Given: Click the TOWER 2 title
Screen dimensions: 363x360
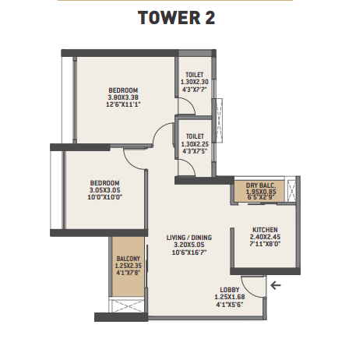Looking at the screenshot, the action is click(x=176, y=18).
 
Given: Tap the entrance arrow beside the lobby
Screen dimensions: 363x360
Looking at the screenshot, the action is click(x=276, y=285).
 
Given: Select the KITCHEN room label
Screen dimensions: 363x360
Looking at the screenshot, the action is click(x=265, y=230).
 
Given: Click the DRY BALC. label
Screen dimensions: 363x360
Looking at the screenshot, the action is click(x=261, y=185).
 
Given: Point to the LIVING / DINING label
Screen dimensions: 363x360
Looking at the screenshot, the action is click(x=189, y=238).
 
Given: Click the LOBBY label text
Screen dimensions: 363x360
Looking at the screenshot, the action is click(x=230, y=290).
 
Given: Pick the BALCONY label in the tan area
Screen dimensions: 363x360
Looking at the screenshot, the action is click(x=129, y=259).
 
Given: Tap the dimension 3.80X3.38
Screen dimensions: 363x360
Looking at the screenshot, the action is click(x=123, y=97).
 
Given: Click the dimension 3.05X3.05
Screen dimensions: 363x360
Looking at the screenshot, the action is click(x=105, y=190).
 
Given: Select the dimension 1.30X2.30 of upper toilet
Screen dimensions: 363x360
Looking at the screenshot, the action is click(x=195, y=82).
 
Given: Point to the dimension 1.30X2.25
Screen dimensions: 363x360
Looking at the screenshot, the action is click(x=195, y=144).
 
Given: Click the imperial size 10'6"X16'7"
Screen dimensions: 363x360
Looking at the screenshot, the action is click(x=189, y=252).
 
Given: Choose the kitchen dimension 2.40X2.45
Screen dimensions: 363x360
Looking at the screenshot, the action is click(x=265, y=237).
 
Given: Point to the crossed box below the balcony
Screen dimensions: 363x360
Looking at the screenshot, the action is click(x=126, y=306).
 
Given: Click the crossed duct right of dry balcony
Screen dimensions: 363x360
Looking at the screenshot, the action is click(x=291, y=190).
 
